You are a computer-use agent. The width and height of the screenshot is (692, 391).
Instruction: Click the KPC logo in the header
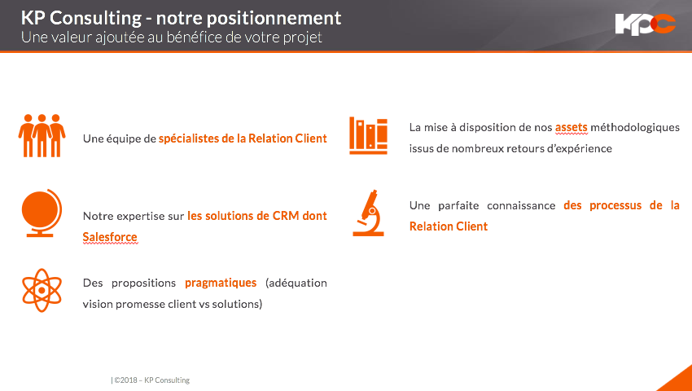pos(645,24)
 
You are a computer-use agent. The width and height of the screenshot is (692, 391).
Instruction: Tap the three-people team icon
pos(42,134)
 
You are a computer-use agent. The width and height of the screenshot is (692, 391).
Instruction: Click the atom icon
pos(41,289)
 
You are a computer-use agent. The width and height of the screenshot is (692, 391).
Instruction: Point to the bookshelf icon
pos(368,134)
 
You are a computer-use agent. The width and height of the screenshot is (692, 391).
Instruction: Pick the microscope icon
pos(369,213)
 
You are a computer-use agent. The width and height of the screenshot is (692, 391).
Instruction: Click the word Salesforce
pos(110,237)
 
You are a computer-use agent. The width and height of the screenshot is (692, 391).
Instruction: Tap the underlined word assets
pos(571,127)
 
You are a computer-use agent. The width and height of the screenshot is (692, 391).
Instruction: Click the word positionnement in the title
pos(274,18)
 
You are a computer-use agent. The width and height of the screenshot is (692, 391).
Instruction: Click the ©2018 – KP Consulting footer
pos(151,380)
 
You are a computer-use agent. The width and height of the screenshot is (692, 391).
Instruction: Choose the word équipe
pos(123,138)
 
